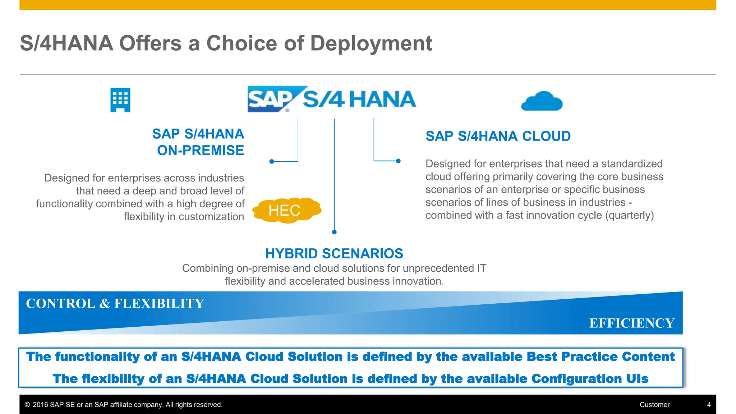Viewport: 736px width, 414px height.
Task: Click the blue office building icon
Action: (x=120, y=100)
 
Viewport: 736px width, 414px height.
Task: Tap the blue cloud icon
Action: (x=542, y=102)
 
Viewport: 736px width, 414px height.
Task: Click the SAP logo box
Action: (x=272, y=99)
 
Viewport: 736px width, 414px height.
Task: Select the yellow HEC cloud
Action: (x=286, y=210)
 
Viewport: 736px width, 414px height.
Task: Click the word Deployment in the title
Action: (x=371, y=43)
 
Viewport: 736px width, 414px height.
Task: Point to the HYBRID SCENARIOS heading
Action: (x=334, y=254)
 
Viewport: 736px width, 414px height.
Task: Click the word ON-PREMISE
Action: (x=201, y=151)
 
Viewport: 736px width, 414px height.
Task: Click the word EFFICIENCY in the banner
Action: (x=631, y=323)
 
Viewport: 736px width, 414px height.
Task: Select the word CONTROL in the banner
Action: (x=60, y=304)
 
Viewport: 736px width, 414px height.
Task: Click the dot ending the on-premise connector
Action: (x=272, y=162)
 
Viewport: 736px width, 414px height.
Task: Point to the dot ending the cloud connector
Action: (x=398, y=161)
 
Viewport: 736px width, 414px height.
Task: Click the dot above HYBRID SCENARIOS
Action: (x=334, y=232)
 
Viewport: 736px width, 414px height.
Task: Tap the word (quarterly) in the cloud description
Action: (x=630, y=215)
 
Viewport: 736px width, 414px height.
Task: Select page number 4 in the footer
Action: (x=709, y=405)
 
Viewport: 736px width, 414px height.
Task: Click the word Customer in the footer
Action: (x=654, y=405)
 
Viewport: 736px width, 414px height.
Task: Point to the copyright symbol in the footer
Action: (x=27, y=405)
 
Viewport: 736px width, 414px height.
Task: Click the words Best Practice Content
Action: (x=601, y=357)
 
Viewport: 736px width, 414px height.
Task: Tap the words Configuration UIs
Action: (x=590, y=379)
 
